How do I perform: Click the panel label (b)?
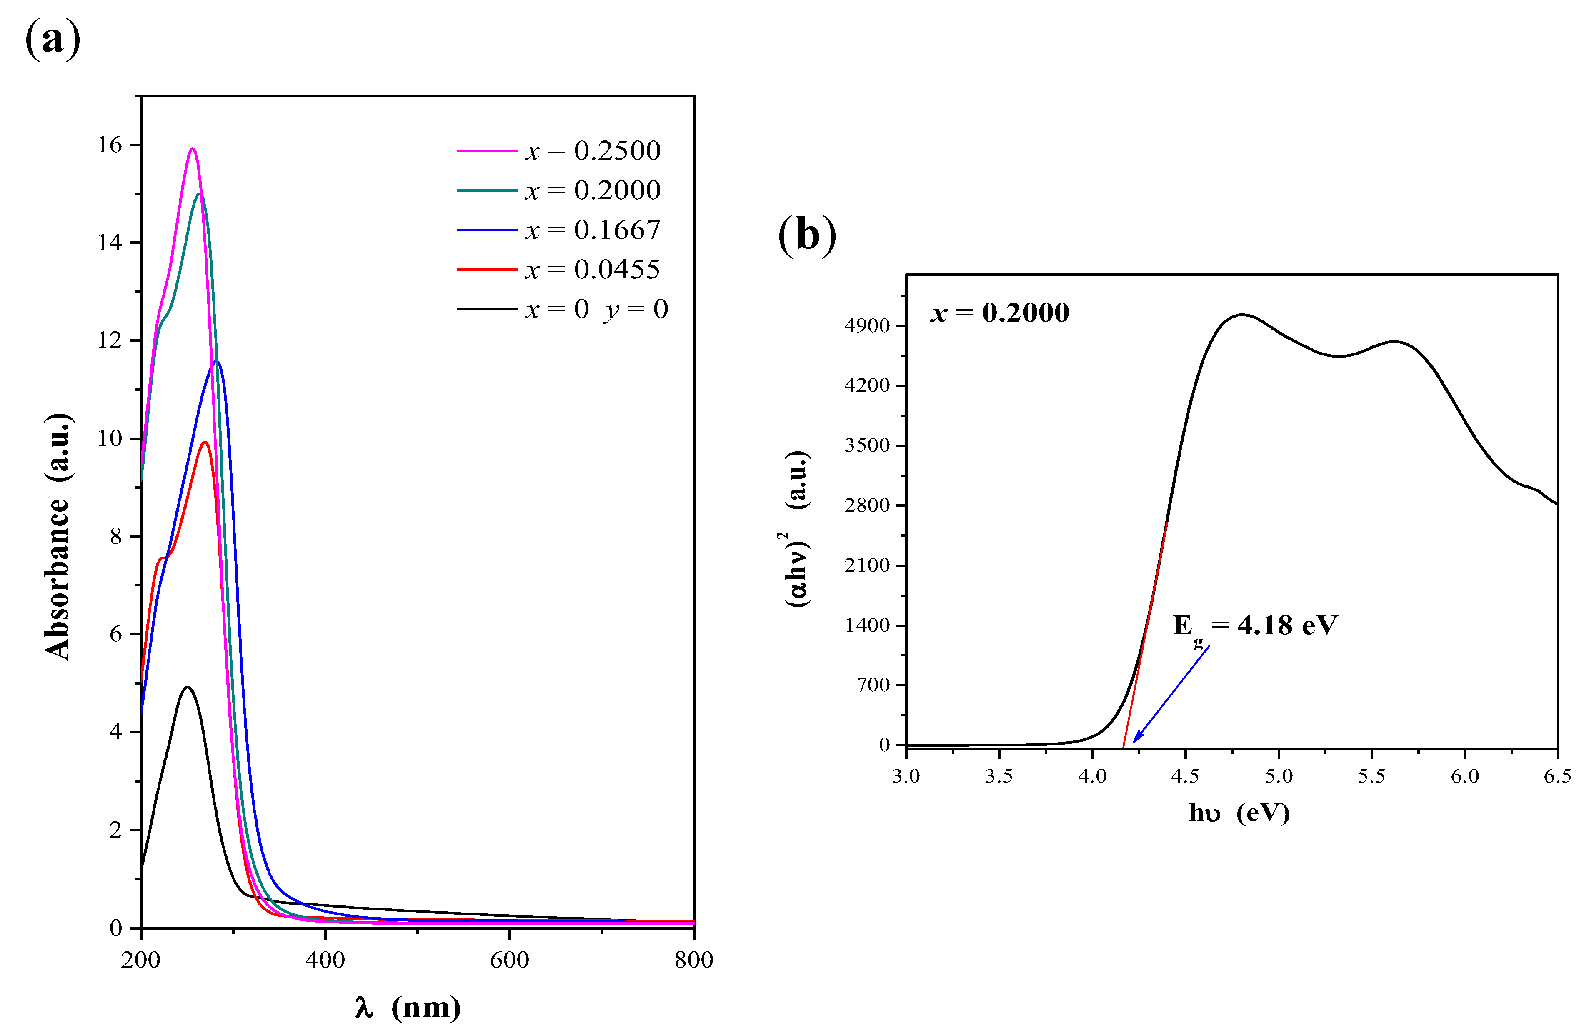point(807,234)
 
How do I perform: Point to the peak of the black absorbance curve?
point(187,687)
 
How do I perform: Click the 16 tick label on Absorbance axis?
point(110,145)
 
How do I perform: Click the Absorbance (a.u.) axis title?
point(59,536)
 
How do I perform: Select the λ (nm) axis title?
point(407,1007)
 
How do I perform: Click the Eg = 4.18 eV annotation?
point(1254,625)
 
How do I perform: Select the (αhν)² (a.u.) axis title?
point(797,528)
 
